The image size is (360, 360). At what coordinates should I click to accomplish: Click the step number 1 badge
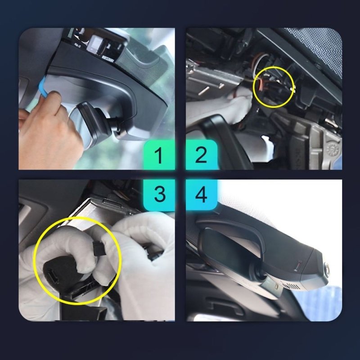point(158,155)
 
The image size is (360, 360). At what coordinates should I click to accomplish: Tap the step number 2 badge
point(201,155)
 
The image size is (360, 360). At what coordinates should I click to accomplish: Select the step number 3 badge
point(158,194)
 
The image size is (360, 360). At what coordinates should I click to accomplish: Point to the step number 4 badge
point(201,194)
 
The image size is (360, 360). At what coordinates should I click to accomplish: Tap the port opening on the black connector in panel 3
point(52,273)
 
